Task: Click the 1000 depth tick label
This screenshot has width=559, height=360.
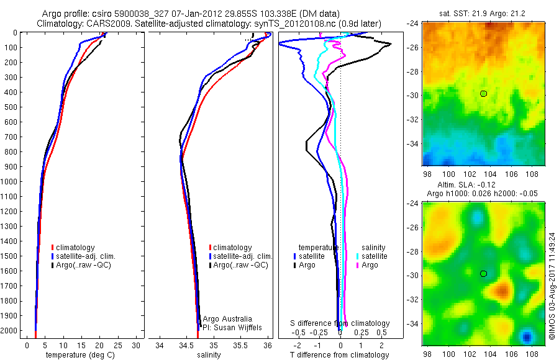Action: [9, 181]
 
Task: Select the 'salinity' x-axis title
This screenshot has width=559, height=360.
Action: [208, 355]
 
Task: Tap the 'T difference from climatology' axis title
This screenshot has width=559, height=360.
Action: [339, 355]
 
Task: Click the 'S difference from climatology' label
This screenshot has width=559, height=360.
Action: [340, 323]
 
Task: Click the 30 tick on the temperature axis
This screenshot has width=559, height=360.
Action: [136, 344]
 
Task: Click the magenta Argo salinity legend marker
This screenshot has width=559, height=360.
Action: [359, 265]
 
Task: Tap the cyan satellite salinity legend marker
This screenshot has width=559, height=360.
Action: [359, 256]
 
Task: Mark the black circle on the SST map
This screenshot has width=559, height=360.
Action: [484, 94]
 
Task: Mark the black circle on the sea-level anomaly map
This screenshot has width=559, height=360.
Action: [484, 274]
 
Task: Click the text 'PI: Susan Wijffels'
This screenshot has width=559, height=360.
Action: [230, 327]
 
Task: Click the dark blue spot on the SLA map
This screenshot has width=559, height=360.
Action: [527, 337]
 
